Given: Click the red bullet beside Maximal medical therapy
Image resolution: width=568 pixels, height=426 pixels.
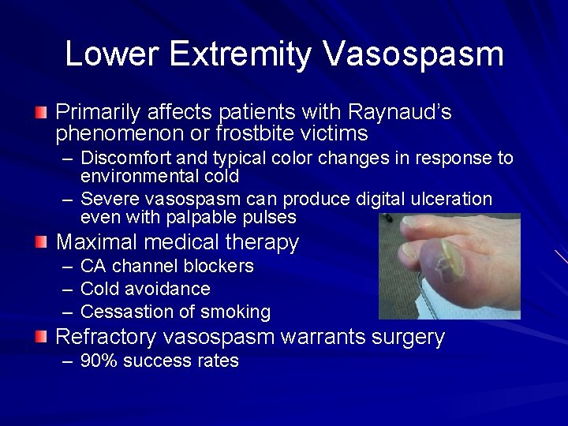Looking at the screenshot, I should point(41,241).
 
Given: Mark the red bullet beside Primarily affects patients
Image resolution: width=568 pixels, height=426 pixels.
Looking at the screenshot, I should point(41,111).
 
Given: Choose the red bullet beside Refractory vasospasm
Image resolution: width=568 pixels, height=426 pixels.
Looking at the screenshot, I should point(41,337).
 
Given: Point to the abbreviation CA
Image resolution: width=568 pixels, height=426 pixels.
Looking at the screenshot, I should point(94,266).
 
